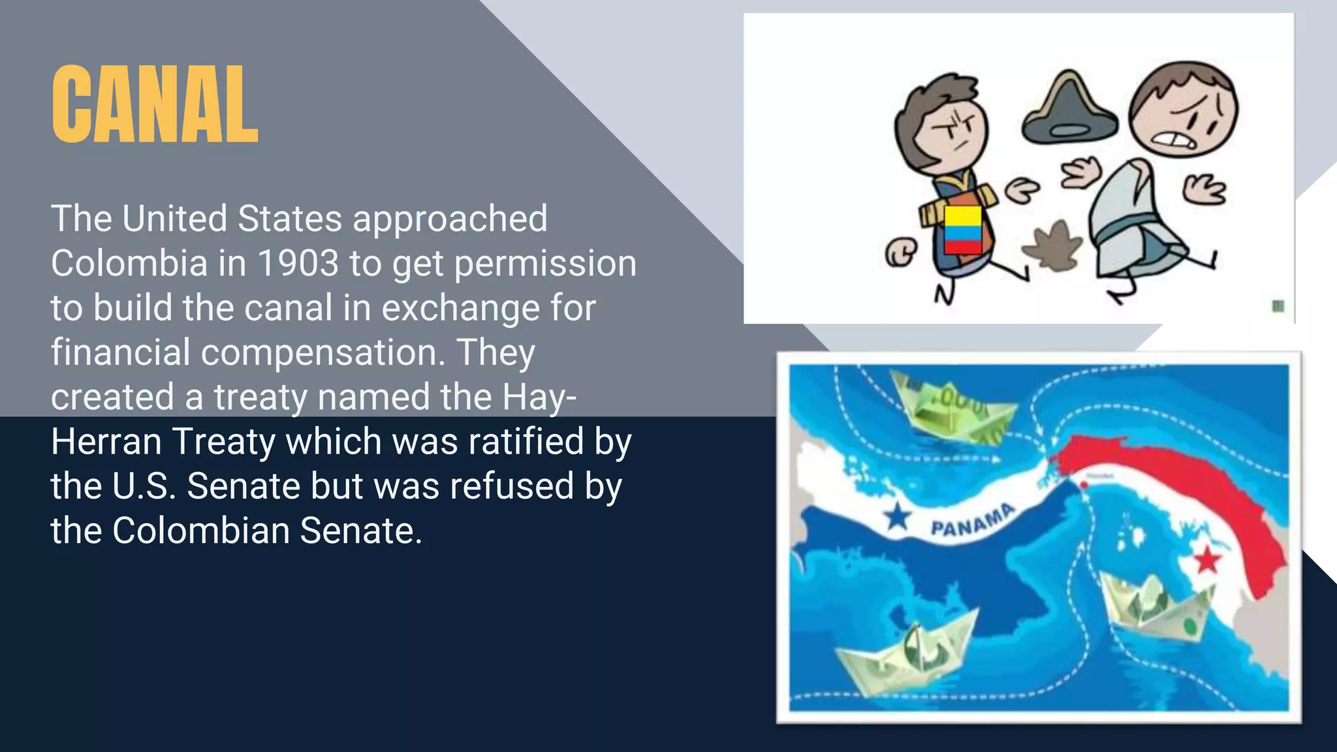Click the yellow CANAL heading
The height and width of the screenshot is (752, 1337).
coord(155,104)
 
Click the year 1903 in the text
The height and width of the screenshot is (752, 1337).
coord(298,263)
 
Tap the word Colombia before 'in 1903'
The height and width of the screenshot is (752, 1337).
coord(129,263)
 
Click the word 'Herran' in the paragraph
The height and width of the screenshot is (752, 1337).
coord(105,442)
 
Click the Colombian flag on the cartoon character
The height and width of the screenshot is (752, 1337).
coord(963,230)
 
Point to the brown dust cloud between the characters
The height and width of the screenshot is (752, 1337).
coord(1052,247)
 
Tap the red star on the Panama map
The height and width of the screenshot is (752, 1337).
coord(1207,559)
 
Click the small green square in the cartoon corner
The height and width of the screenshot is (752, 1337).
coord(1278,305)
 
